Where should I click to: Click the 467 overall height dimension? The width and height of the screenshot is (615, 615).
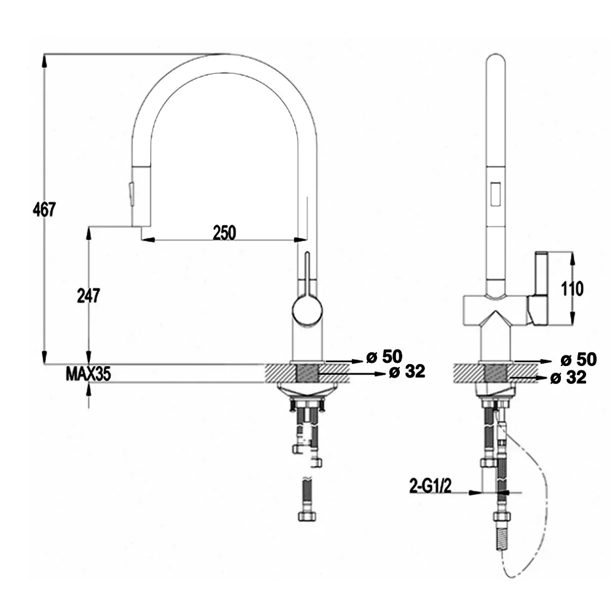click(x=44, y=210)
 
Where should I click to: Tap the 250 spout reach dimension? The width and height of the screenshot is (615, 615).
click(x=224, y=232)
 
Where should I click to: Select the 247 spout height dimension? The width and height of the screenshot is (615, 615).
click(x=88, y=295)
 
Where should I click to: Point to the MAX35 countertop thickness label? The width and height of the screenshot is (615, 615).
click(x=88, y=374)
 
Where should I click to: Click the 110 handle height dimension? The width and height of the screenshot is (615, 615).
click(x=572, y=289)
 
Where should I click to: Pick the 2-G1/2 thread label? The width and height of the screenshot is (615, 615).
click(x=430, y=486)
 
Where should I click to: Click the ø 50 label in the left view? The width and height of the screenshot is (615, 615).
click(x=384, y=357)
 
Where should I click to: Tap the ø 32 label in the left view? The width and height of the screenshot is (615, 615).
click(x=407, y=371)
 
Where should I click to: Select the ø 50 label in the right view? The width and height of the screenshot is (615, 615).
click(x=579, y=359)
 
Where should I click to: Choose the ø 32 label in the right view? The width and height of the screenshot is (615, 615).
click(x=568, y=378)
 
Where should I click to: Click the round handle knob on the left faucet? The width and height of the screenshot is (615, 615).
click(x=307, y=310)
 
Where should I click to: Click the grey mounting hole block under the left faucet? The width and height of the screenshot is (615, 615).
click(x=307, y=373)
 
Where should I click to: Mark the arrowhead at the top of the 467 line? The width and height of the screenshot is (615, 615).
click(x=44, y=61)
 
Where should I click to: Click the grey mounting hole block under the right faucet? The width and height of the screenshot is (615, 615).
click(x=495, y=373)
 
